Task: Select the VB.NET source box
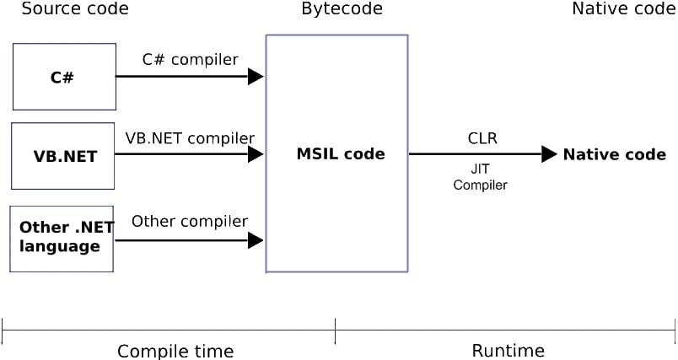pyautogui.click(x=62, y=156)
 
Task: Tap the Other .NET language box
pyautogui.click(x=62, y=238)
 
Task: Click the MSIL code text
pyautogui.click(x=340, y=154)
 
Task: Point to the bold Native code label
pyautogui.click(x=614, y=154)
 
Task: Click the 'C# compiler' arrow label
pyautogui.click(x=190, y=60)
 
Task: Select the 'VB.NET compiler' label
pyautogui.click(x=190, y=137)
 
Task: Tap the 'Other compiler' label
pyautogui.click(x=190, y=222)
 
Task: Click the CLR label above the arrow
pyautogui.click(x=482, y=137)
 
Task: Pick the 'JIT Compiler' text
pyautogui.click(x=480, y=177)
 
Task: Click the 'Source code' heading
pyautogui.click(x=75, y=9)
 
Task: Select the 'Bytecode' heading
pyautogui.click(x=342, y=9)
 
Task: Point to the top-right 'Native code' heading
pyautogui.click(x=623, y=9)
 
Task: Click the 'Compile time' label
pyautogui.click(x=175, y=351)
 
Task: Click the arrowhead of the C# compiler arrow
pyautogui.click(x=256, y=77)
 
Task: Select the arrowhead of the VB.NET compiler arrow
pyautogui.click(x=256, y=154)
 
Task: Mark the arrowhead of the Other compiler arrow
pyautogui.click(x=256, y=240)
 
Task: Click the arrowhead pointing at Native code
pyautogui.click(x=549, y=154)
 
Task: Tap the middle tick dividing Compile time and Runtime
pyautogui.click(x=335, y=331)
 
